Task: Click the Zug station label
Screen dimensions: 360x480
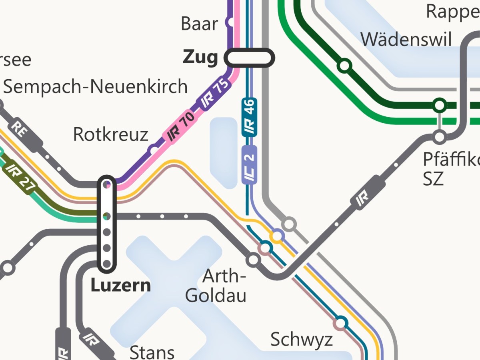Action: point(200,58)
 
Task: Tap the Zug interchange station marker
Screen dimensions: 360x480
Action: point(250,58)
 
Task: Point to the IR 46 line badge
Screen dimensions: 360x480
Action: point(249,116)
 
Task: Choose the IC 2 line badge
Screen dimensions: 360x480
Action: point(249,165)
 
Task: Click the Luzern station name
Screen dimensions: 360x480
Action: point(120,286)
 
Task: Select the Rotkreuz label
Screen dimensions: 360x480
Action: point(111,135)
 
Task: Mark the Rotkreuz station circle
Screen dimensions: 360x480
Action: point(154,151)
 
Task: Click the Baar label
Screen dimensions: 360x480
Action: point(199,24)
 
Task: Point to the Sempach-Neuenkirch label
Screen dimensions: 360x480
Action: point(95,86)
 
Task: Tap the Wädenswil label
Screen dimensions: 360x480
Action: point(406,40)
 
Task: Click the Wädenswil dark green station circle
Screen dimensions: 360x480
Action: point(344,66)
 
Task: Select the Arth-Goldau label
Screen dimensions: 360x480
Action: point(216,286)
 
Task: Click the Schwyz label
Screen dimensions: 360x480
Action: point(302,340)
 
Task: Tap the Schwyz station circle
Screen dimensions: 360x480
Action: point(340,323)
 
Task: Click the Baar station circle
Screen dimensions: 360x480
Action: point(230,22)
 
